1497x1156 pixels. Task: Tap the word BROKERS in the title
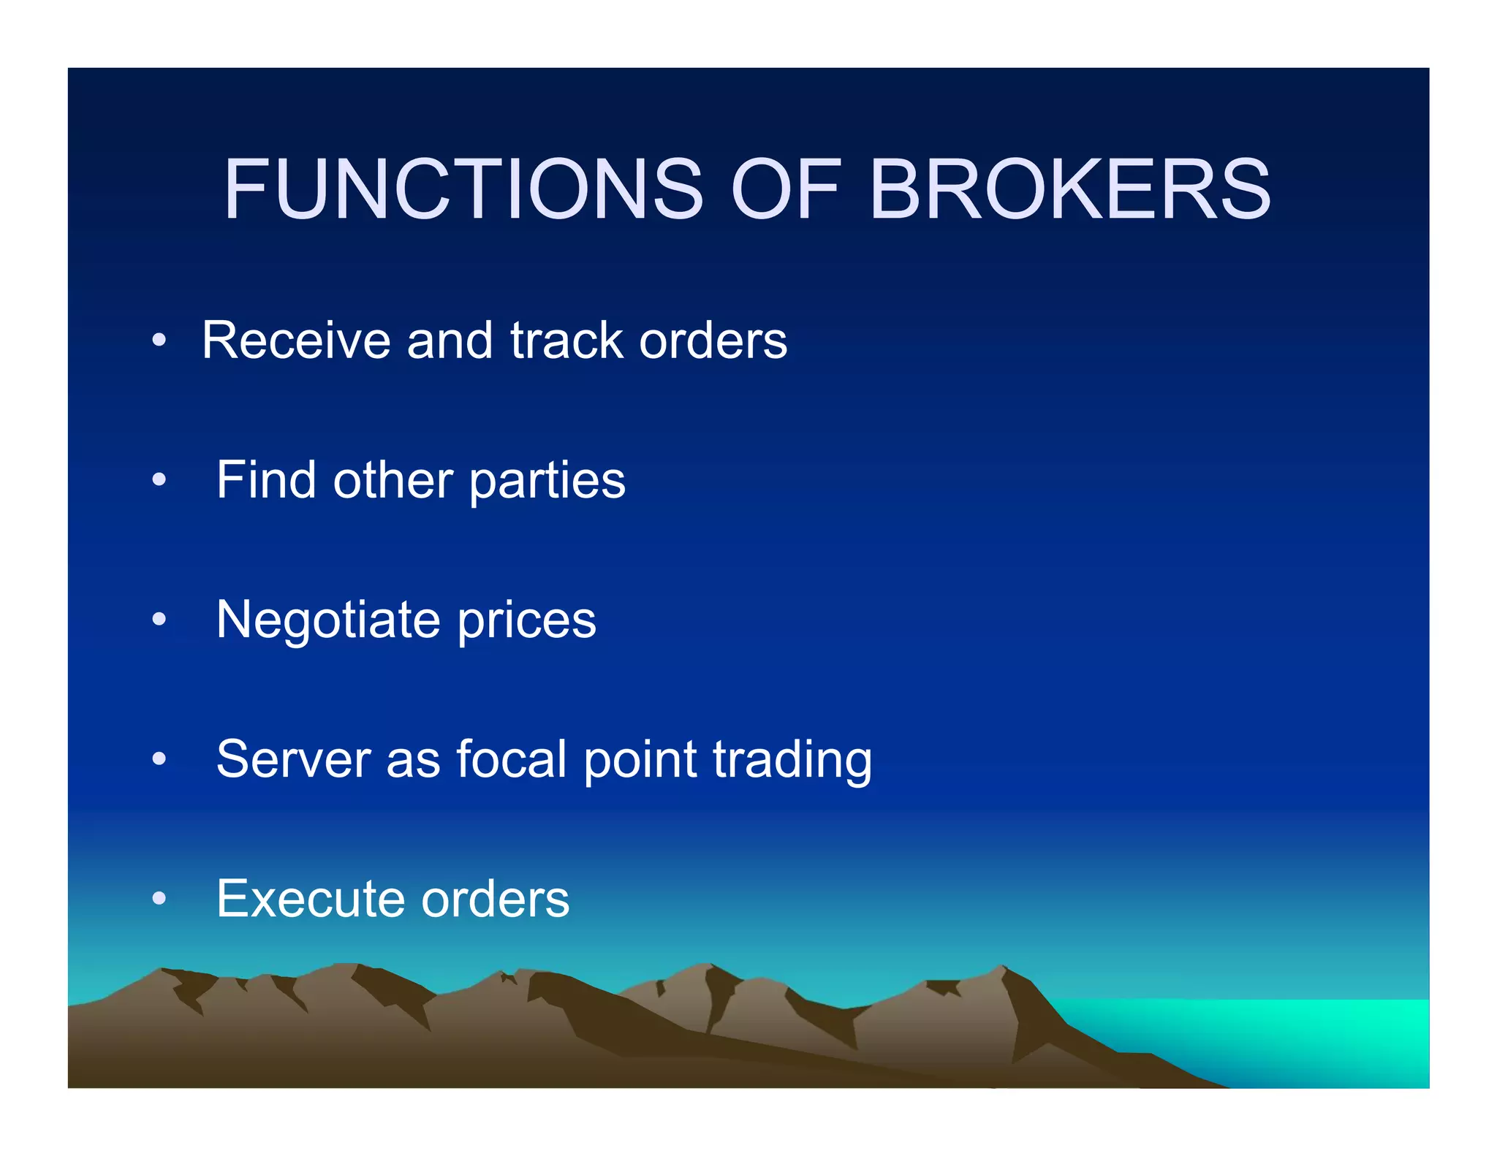1070,189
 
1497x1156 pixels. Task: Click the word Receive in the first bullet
296,341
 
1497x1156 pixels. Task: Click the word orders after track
713,341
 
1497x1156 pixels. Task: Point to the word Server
293,759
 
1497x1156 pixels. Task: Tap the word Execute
311,899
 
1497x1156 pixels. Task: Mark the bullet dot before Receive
159,341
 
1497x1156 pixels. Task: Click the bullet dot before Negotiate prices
159,620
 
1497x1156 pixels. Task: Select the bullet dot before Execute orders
159,899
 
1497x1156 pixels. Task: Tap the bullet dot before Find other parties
159,480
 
